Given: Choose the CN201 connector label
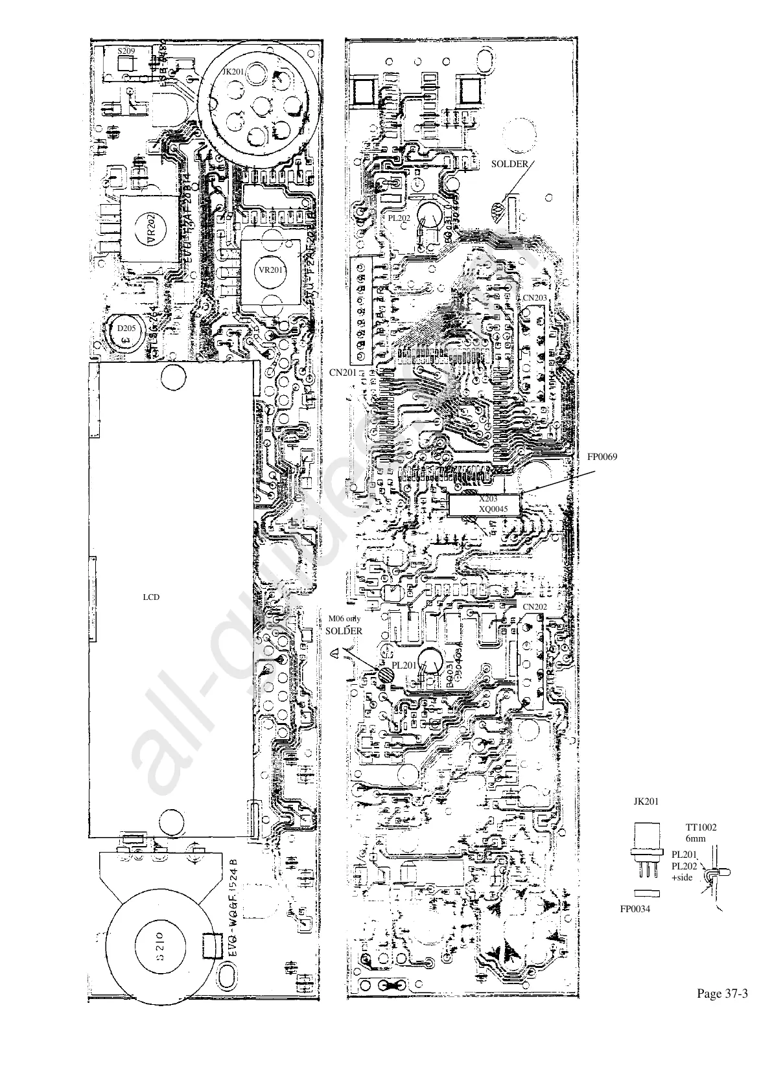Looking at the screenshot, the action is [343, 373].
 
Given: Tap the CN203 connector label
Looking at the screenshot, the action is [535, 297].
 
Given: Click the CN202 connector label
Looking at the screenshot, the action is [535, 606].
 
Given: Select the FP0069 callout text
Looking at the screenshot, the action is [602, 457].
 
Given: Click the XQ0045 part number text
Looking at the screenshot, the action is [492, 509].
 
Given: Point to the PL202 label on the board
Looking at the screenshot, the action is [399, 218].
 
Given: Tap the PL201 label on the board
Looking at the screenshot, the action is [404, 665].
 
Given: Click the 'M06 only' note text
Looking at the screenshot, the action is [344, 619].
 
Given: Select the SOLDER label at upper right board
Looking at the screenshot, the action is [509, 164].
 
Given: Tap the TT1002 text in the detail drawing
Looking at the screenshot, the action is [701, 827].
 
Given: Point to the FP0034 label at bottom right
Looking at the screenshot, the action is [636, 909].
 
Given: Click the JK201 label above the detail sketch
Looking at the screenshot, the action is [646, 801].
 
